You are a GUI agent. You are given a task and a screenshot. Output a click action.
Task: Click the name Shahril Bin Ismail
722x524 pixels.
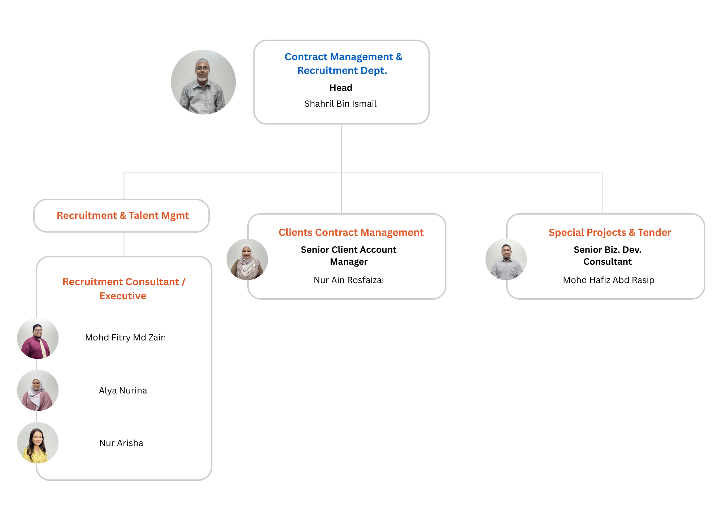(340, 104)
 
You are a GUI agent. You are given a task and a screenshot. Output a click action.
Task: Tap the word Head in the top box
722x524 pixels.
(341, 88)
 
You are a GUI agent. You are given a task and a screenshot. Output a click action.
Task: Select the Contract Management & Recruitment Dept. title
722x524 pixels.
(343, 63)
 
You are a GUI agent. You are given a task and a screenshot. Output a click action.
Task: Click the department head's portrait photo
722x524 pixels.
(203, 82)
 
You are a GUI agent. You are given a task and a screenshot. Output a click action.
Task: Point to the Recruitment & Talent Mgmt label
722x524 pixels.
(123, 216)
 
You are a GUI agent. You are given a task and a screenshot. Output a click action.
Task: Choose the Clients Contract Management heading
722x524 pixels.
(351, 232)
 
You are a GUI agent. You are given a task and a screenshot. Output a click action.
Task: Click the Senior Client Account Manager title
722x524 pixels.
(349, 255)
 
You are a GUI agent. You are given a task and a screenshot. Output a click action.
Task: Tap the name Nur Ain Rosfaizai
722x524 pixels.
(349, 280)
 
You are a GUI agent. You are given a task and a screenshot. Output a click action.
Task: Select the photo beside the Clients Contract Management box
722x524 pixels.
(247, 259)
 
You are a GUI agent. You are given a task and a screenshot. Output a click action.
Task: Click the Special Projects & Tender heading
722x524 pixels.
(610, 232)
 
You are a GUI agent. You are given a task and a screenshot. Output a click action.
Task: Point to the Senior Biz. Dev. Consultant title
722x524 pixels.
(608, 255)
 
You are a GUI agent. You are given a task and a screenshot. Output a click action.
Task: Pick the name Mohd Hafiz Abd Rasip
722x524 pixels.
(609, 280)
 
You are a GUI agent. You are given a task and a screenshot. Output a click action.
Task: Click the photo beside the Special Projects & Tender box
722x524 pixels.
(506, 259)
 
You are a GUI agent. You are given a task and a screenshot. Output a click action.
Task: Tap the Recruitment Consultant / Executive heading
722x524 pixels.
(123, 289)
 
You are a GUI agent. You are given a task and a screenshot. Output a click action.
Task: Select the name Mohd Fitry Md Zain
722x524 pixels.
(125, 338)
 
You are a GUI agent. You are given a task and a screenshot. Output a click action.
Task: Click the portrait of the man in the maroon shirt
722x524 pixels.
(38, 338)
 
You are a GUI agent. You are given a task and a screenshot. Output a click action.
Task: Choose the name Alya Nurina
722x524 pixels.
(123, 391)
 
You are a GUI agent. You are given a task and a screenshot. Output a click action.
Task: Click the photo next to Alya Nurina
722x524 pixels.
(38, 390)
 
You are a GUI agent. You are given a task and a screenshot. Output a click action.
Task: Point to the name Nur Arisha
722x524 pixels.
(121, 443)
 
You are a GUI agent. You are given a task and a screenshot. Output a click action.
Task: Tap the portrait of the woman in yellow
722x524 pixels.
(38, 443)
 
